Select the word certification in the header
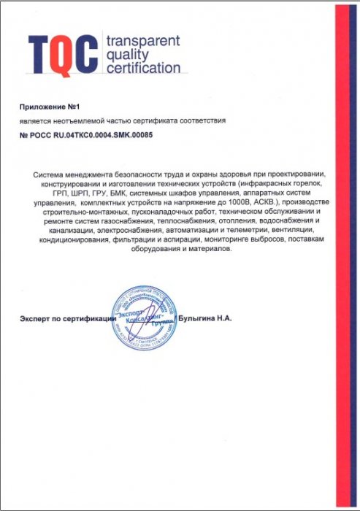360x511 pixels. [x=143, y=69]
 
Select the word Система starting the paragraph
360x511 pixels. [x=53, y=173]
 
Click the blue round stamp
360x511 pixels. [x=144, y=318]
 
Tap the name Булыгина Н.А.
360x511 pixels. [x=204, y=319]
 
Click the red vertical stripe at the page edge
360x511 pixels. [x=343, y=255]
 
